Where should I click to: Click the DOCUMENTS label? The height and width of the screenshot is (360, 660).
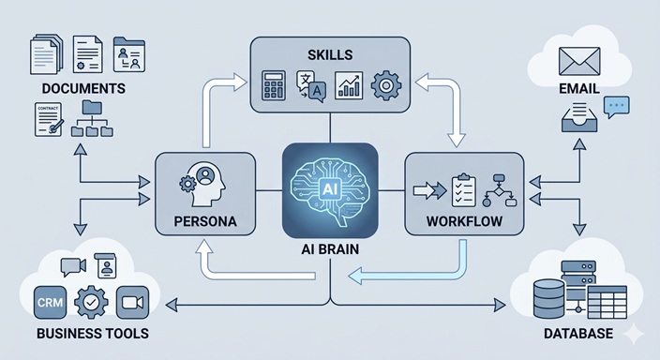pos(84,89)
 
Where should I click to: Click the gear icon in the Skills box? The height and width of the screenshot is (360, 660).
pos(385,86)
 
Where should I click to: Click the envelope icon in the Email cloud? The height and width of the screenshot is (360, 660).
pos(578,62)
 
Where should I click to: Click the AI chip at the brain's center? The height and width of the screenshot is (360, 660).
pos(329,187)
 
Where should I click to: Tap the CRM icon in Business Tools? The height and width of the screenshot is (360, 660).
pos(48,302)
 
